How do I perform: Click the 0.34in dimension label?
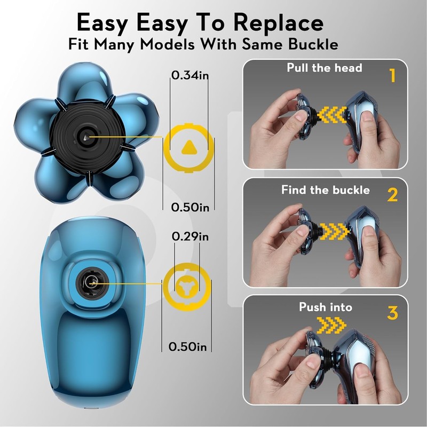pyautogui.click(x=189, y=75)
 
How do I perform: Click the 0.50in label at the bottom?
pyautogui.click(x=187, y=346)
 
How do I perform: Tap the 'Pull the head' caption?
pyautogui.click(x=325, y=68)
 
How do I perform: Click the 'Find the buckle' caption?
pyautogui.click(x=326, y=190)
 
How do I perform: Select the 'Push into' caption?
pyautogui.click(x=326, y=307)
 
